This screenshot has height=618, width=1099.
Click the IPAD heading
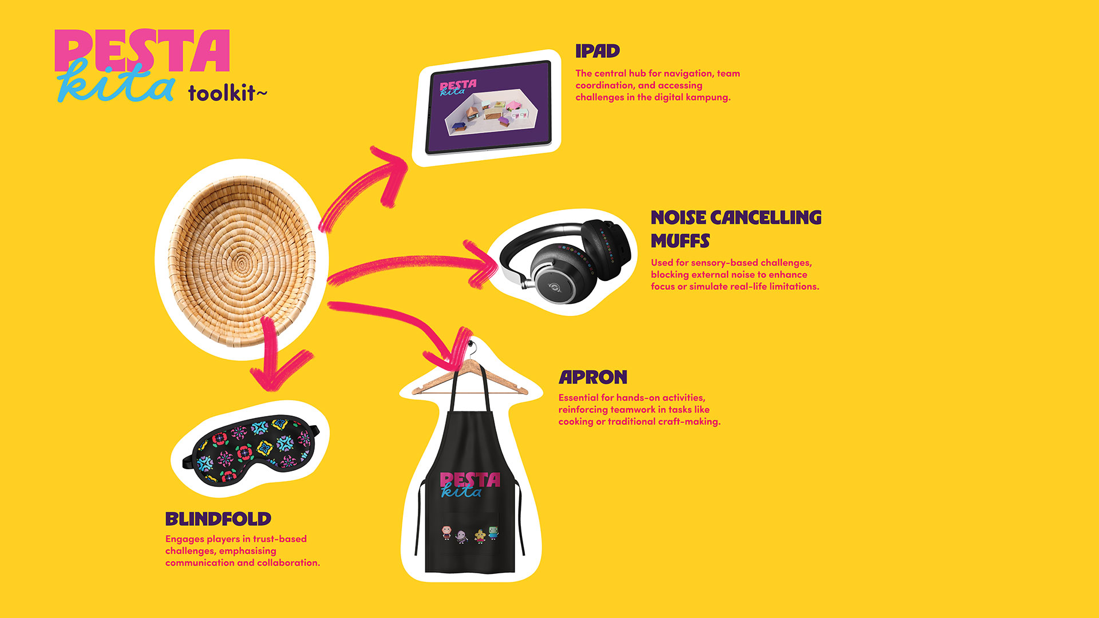(x=598, y=51)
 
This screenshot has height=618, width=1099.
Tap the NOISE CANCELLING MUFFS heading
(x=736, y=229)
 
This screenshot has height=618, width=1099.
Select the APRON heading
(x=593, y=378)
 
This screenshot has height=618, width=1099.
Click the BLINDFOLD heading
(x=218, y=519)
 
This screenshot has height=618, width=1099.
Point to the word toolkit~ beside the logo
(x=228, y=93)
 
